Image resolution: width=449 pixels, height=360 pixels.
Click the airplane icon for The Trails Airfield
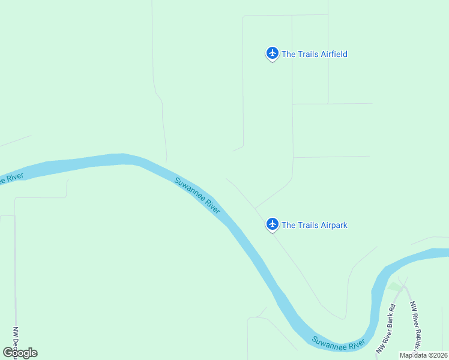(273, 53)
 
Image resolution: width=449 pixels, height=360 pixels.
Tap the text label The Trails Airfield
(314, 54)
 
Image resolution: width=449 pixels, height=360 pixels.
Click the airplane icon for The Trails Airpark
(273, 224)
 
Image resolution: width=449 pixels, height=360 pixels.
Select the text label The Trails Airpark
(314, 225)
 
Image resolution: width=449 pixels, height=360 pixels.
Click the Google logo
(20, 352)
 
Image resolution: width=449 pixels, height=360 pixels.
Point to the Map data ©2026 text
(423, 355)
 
